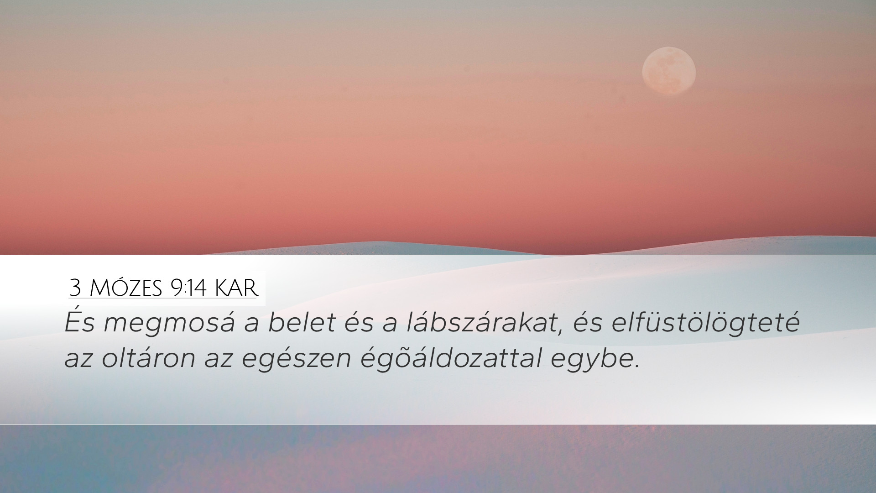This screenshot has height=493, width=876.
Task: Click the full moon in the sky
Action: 669,71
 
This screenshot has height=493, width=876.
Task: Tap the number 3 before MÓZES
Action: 75,289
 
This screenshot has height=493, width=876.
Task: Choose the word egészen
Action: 297,360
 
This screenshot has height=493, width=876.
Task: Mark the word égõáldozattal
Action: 451,360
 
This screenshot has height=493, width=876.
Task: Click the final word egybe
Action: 590,360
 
